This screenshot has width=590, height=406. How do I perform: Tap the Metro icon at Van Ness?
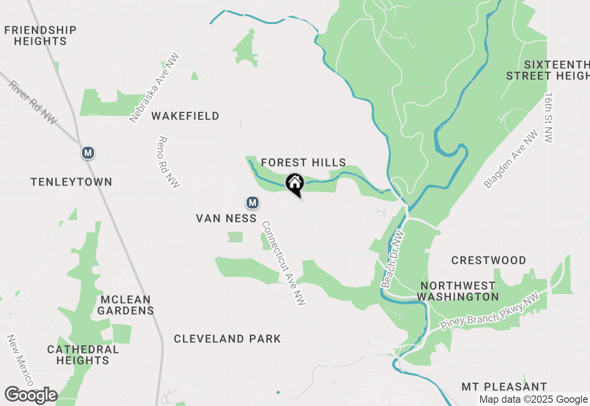[x=252, y=202]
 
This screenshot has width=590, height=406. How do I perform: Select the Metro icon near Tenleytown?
[x=88, y=153]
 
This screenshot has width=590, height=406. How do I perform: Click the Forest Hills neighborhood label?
[x=303, y=162]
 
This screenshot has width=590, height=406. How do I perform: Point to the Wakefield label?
[x=185, y=116]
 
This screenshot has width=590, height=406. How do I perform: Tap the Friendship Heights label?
[x=41, y=36]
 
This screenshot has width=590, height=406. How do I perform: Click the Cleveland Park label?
[x=227, y=339]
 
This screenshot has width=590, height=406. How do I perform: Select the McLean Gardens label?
[x=125, y=304]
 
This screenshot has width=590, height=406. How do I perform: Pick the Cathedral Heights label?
[x=83, y=354]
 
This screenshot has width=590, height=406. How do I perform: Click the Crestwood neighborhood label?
[x=489, y=260]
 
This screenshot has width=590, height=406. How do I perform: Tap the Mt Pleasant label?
[x=504, y=387]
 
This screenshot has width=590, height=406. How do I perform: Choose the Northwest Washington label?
[x=458, y=291]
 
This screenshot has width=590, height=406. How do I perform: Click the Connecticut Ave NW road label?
[x=284, y=263]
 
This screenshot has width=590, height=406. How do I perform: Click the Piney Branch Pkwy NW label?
[x=490, y=312]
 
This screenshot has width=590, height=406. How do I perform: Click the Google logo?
[x=31, y=395]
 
